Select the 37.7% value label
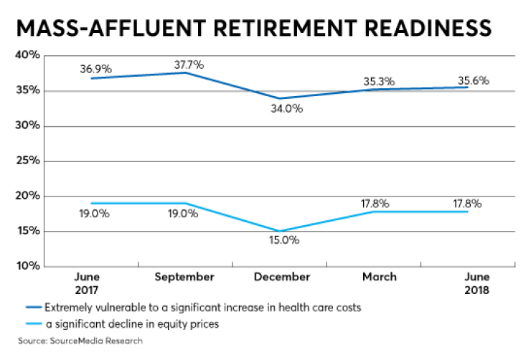pyautogui.click(x=189, y=65)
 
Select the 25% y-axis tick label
pyautogui.click(x=27, y=161)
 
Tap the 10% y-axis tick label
pyautogui.click(x=27, y=266)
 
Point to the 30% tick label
pyautogui.click(x=27, y=125)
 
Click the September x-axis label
pyautogui.click(x=184, y=277)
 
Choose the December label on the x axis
pyautogui.click(x=282, y=277)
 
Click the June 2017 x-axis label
pyautogui.click(x=88, y=283)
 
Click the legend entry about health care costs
pyautogui.click(x=200, y=308)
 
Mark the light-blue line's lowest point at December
pyautogui.click(x=281, y=232)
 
